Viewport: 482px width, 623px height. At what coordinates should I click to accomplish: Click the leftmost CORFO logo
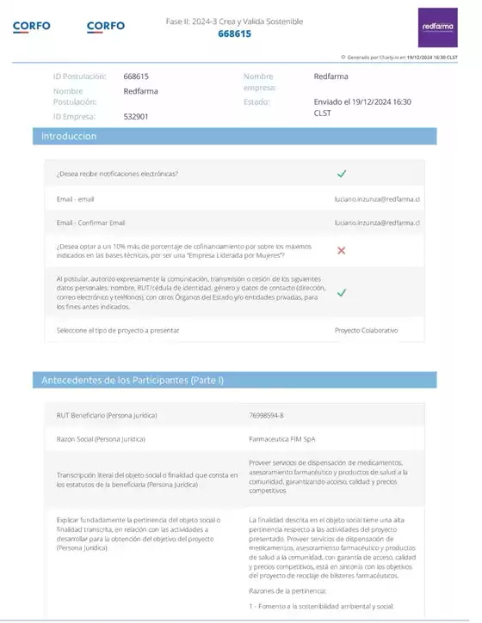31,26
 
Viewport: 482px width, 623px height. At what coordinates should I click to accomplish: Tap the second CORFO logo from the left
106,26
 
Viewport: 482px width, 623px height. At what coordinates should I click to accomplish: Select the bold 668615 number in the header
234,34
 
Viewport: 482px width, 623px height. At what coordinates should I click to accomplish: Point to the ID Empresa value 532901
136,116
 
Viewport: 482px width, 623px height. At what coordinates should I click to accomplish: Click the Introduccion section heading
70,137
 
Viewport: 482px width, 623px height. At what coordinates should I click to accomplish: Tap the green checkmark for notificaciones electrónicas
342,174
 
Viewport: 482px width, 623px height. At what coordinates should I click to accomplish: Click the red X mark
342,250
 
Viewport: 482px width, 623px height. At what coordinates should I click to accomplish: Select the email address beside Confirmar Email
377,223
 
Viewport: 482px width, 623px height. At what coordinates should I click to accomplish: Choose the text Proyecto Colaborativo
367,330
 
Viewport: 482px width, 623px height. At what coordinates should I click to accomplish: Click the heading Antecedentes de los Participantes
133,380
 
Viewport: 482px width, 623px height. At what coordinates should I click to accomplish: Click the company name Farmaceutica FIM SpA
282,438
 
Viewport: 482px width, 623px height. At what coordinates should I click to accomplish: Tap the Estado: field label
256,101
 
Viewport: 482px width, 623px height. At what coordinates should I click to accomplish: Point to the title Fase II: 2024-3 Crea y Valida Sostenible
234,21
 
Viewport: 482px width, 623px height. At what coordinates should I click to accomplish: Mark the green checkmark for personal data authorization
342,292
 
